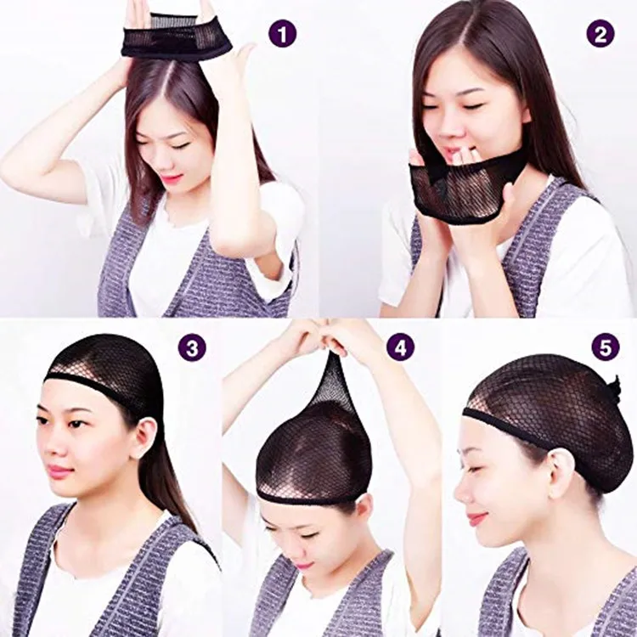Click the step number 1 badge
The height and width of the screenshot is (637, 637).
(x=282, y=34)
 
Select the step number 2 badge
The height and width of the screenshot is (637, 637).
(x=600, y=34)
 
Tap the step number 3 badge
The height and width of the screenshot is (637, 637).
(x=192, y=347)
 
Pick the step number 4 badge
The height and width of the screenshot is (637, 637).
(x=400, y=347)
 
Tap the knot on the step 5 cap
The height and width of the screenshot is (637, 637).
(x=613, y=389)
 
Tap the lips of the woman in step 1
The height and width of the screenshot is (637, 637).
(x=172, y=179)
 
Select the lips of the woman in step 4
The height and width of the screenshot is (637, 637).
(x=303, y=564)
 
